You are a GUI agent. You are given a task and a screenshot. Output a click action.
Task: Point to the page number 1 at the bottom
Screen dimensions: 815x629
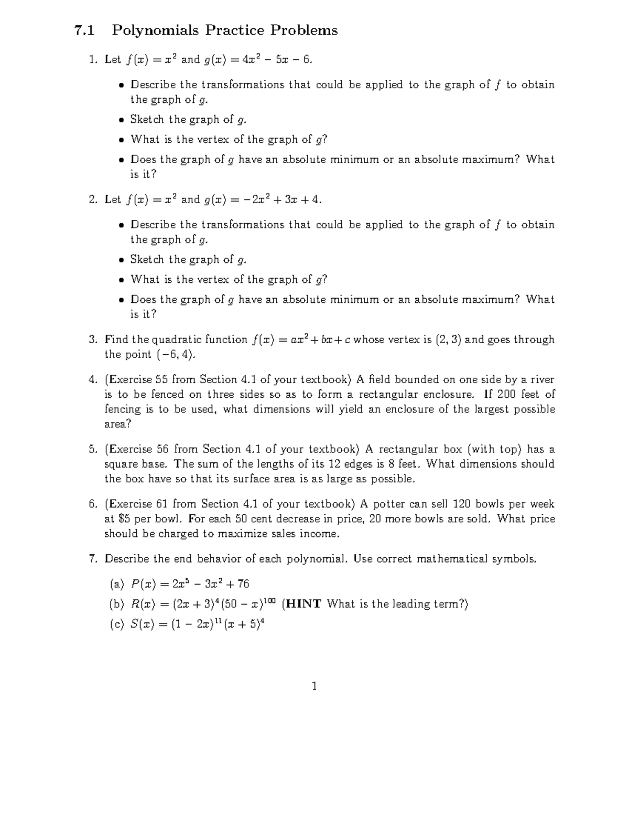click(x=314, y=686)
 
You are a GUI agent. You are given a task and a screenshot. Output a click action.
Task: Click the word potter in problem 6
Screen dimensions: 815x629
click(x=388, y=504)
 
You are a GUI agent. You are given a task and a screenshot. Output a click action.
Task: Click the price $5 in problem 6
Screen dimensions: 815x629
click(x=124, y=519)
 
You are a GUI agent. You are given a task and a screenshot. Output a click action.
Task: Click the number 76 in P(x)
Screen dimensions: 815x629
click(x=243, y=584)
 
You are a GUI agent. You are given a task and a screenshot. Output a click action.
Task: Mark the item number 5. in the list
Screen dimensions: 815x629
click(x=93, y=449)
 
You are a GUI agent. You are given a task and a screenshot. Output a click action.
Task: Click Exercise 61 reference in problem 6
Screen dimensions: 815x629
click(x=138, y=504)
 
